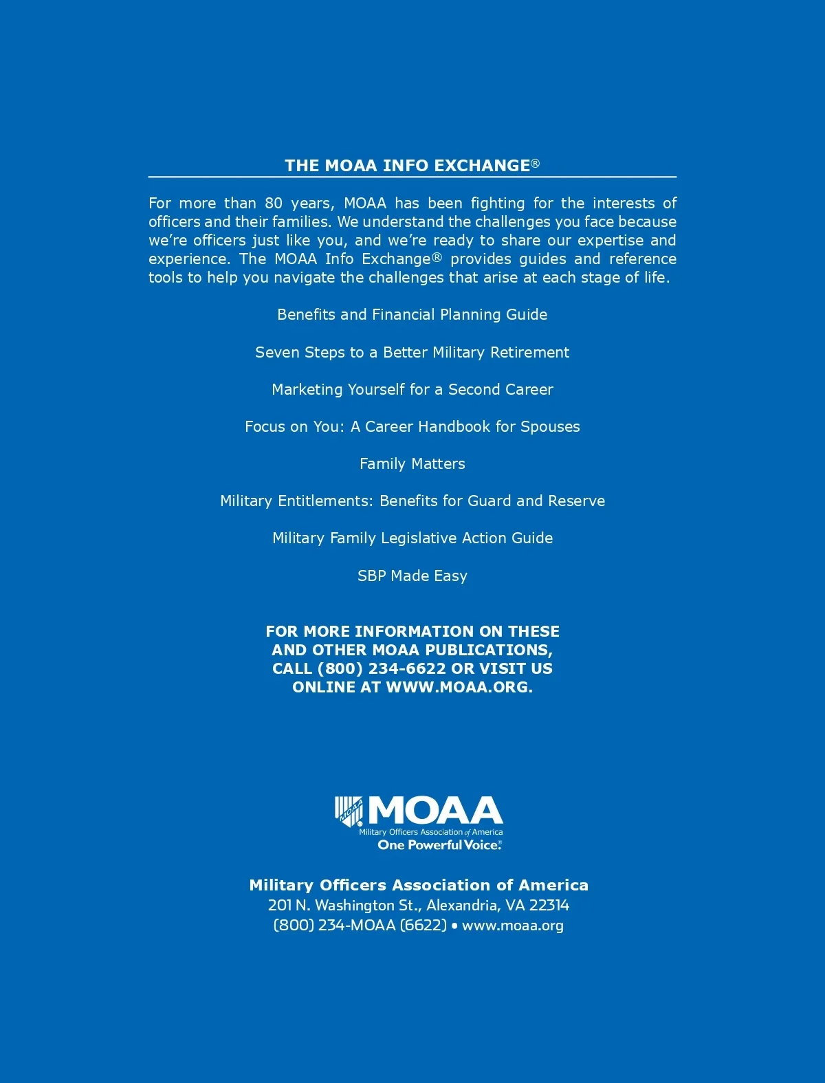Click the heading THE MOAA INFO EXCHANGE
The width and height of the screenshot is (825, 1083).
tap(408, 166)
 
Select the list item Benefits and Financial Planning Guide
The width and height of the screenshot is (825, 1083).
tap(412, 315)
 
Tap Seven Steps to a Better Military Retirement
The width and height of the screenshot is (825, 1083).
tap(412, 353)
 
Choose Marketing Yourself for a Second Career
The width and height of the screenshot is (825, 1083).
tap(412, 390)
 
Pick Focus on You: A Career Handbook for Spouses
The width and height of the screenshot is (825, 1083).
tap(412, 427)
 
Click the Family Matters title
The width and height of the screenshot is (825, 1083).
tap(412, 464)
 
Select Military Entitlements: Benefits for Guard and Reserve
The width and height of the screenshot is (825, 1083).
tap(412, 501)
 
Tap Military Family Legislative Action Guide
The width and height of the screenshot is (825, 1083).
tap(412, 538)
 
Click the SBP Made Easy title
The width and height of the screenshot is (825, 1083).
tap(412, 576)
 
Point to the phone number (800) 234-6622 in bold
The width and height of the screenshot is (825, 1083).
tap(382, 669)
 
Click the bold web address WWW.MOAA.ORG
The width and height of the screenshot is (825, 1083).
tap(459, 688)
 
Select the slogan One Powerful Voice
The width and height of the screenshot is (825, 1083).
tap(439, 845)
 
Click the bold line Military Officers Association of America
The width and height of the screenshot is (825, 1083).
tap(419, 886)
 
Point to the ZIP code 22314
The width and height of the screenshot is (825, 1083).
tap(549, 906)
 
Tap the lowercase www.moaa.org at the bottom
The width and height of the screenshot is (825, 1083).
tap(513, 926)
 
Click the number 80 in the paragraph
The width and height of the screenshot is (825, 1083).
tap(274, 204)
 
